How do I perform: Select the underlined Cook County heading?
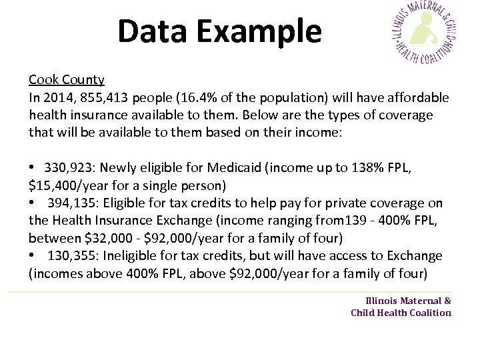pyautogui.click(x=67, y=80)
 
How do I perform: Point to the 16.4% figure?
pyautogui.click(x=188, y=98)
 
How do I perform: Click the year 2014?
pyautogui.click(x=58, y=98)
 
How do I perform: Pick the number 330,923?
pyautogui.click(x=68, y=167)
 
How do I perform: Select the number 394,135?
pyautogui.click(x=71, y=203)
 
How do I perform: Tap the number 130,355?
pyautogui.click(x=71, y=255)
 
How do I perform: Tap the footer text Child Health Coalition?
pyautogui.click(x=401, y=313)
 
